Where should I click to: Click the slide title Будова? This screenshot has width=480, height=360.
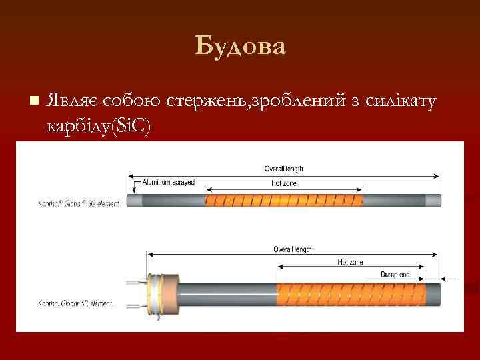point(240,47)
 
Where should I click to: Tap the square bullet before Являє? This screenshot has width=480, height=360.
point(34,100)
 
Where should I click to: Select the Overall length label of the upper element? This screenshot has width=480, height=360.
point(284,169)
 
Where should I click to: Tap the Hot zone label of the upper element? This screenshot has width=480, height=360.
point(284,183)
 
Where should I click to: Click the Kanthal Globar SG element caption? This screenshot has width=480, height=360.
point(79,203)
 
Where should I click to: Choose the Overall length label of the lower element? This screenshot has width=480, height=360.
point(292,249)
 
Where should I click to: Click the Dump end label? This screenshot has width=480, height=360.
point(395,274)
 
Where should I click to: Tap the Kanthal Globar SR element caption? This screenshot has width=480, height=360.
point(75,303)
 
